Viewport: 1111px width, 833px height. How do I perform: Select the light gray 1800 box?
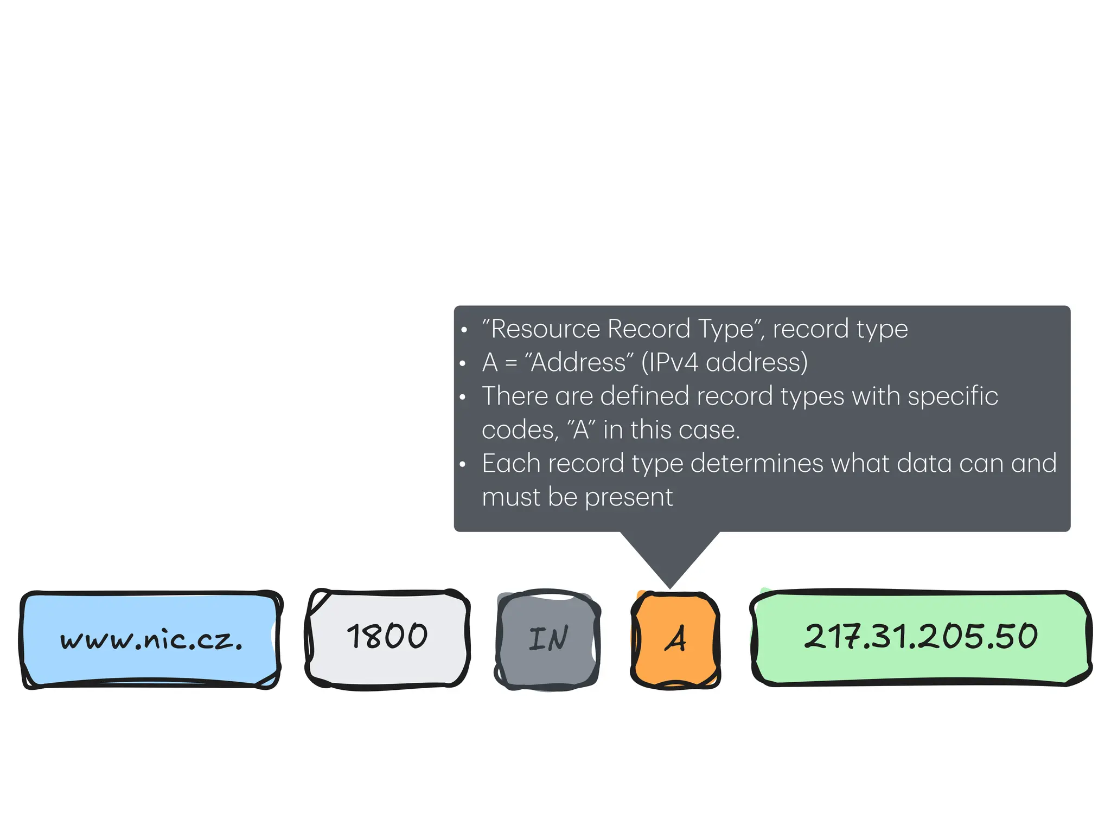(x=387, y=638)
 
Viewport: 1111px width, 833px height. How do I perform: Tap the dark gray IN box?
(x=548, y=639)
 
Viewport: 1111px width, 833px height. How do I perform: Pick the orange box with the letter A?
(x=675, y=639)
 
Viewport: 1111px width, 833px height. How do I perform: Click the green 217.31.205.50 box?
(x=921, y=637)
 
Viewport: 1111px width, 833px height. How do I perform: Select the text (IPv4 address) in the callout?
(x=724, y=362)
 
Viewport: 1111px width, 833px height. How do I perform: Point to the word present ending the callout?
(x=629, y=497)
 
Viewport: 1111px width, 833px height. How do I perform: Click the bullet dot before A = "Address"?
(x=463, y=363)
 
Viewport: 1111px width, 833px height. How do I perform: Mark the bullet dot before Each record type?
(x=463, y=465)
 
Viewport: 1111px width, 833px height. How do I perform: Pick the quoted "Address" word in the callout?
(x=579, y=362)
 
